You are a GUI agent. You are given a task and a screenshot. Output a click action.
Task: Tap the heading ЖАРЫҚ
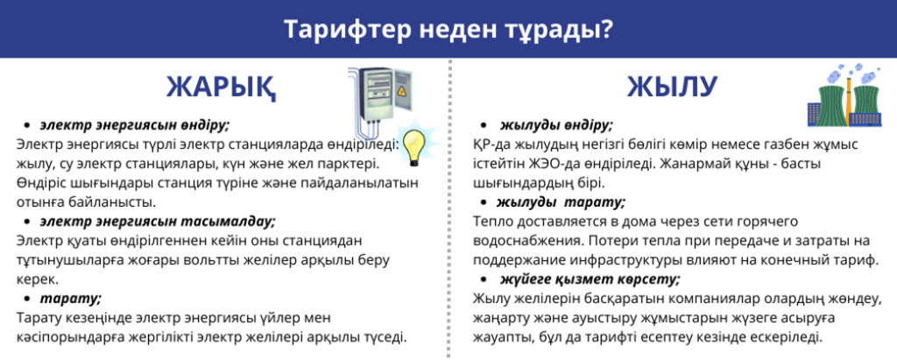[222, 88]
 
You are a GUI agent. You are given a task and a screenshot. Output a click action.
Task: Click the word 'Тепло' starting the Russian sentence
[492, 221]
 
